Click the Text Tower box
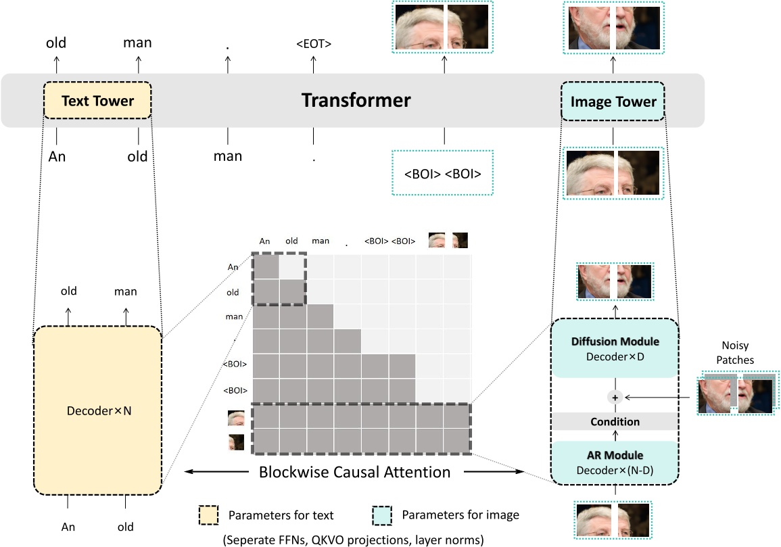(x=98, y=102)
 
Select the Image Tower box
(x=614, y=102)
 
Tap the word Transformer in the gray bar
(x=356, y=101)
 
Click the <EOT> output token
(x=313, y=45)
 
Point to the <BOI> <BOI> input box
(x=443, y=174)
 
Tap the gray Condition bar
(x=615, y=422)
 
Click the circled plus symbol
(x=615, y=398)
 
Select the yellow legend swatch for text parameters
(x=208, y=515)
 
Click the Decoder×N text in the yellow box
(x=97, y=410)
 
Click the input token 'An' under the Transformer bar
(x=57, y=156)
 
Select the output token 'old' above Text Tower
(x=56, y=43)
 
